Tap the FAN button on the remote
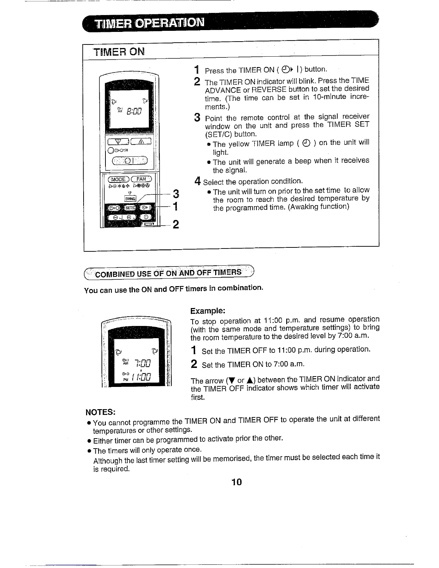142,179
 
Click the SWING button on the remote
129,199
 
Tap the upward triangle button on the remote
141,141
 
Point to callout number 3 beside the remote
176,194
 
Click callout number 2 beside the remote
176,224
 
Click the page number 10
237,482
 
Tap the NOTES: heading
100,411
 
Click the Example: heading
208,311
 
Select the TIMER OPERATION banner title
149,23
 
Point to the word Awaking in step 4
305,207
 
